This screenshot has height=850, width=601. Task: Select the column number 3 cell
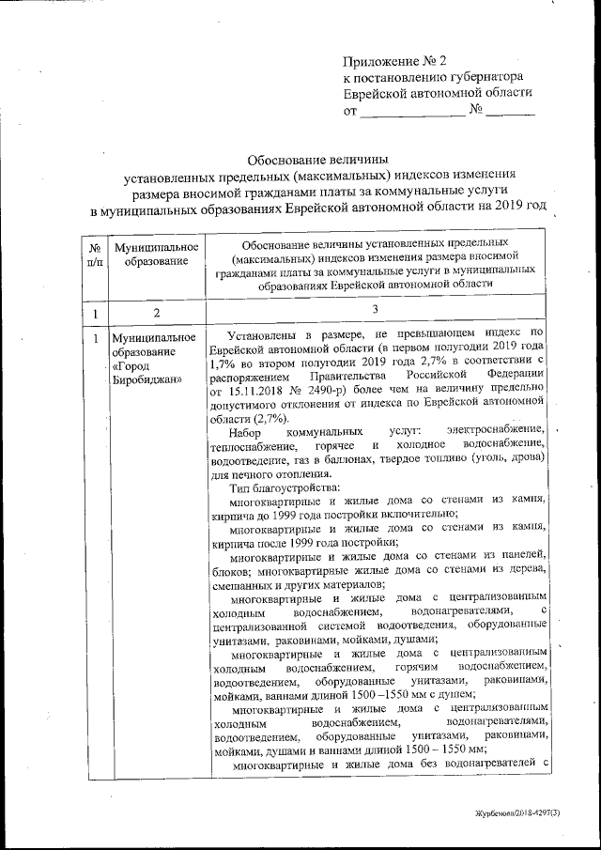coord(374,310)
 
